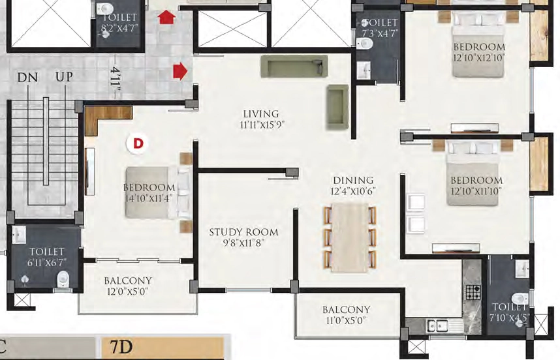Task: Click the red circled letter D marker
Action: tap(138, 143)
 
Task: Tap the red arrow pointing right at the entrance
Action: tap(180, 71)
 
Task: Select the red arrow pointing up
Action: tap(167, 17)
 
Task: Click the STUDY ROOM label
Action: tap(243, 232)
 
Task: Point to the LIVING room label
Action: tap(261, 114)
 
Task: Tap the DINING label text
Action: tap(353, 180)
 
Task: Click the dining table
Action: tap(350, 238)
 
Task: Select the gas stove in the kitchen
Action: tap(473, 292)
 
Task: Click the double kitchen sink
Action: tap(438, 325)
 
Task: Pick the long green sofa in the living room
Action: tap(294, 66)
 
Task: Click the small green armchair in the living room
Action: tap(337, 107)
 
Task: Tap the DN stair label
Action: tap(27, 78)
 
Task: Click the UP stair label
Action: tap(64, 77)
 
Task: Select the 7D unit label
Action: tap(121, 347)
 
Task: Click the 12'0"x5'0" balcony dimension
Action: tap(127, 292)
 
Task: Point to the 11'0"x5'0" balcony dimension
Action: tap(345, 321)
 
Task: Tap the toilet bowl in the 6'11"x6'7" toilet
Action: tap(63, 278)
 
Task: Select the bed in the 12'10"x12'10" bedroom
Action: tap(478, 44)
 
